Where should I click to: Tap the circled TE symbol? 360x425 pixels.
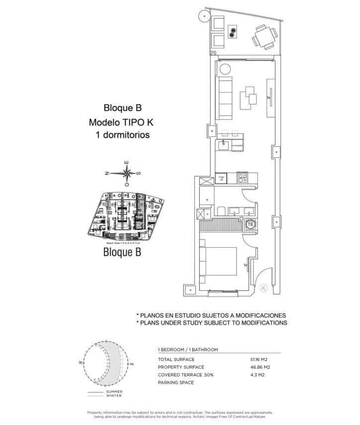pyautogui.click(x=251, y=224)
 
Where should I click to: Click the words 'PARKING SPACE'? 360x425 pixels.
pyautogui.click(x=176, y=383)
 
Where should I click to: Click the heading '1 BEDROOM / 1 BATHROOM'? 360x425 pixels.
pyautogui.click(x=187, y=350)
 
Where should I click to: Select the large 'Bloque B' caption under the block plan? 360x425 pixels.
pyautogui.click(x=122, y=252)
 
